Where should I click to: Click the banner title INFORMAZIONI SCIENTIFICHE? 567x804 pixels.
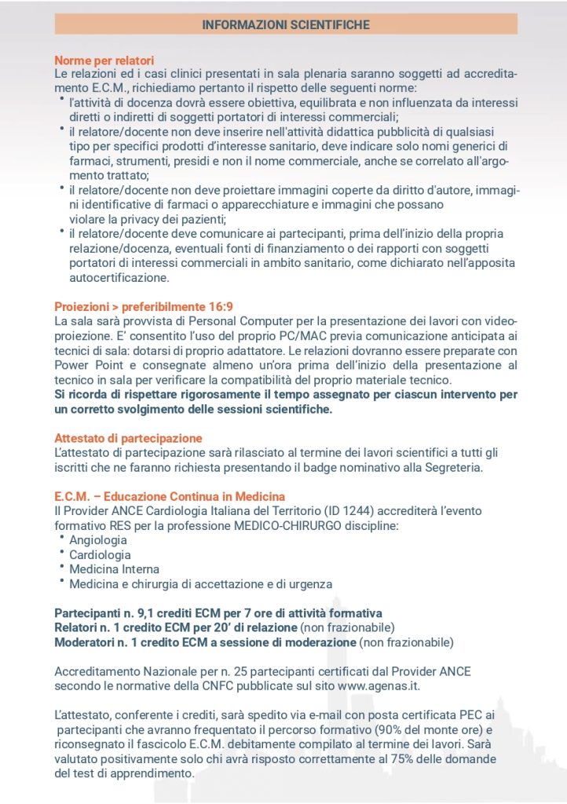[x=285, y=25]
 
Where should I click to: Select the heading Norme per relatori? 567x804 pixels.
[x=104, y=60]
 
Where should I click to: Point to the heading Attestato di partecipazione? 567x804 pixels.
[x=128, y=438]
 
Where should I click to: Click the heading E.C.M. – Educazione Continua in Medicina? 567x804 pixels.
[x=170, y=496]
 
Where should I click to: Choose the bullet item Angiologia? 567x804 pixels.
[x=98, y=540]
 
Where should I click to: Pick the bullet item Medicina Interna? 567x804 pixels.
[x=114, y=569]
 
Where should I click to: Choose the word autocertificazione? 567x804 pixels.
[x=118, y=278]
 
